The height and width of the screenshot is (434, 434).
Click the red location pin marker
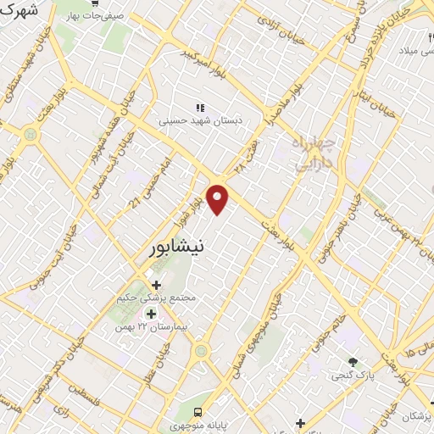tap(219, 199)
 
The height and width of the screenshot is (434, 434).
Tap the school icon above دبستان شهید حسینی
tap(201, 108)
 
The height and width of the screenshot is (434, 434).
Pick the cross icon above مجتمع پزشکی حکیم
tap(155, 285)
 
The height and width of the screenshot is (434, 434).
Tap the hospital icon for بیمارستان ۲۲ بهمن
tap(151, 314)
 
